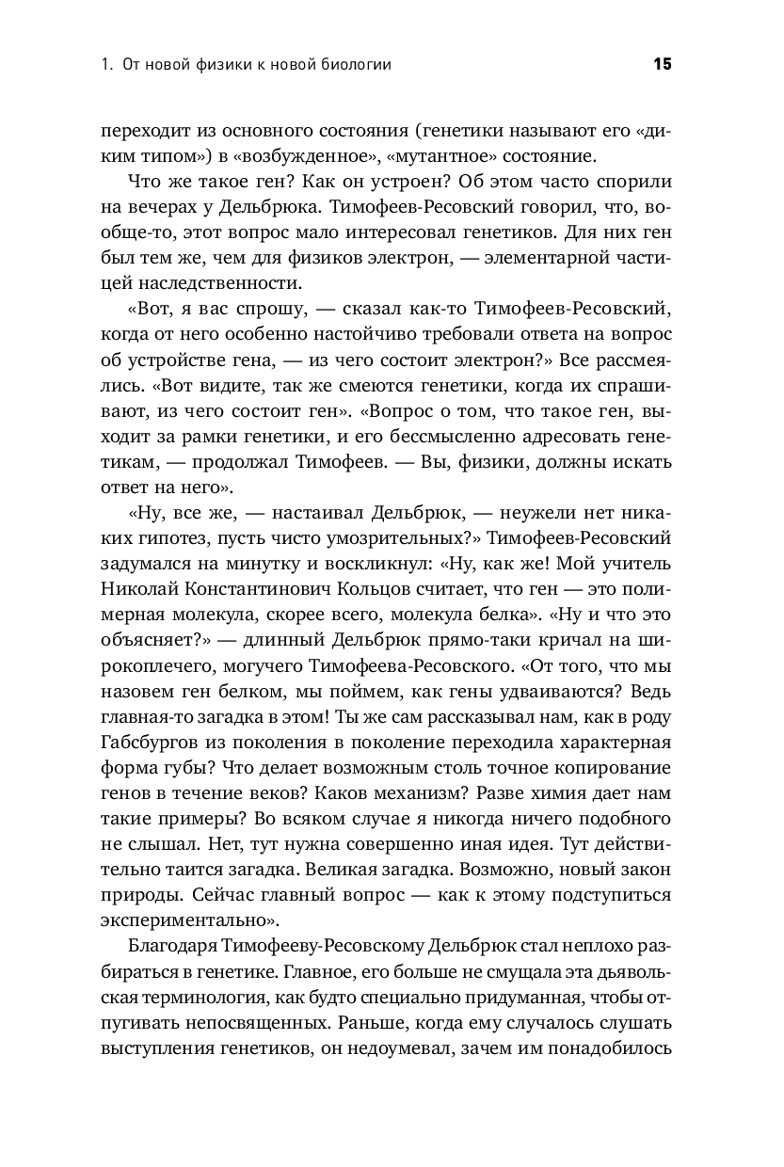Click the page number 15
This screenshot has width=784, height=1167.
[662, 65]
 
